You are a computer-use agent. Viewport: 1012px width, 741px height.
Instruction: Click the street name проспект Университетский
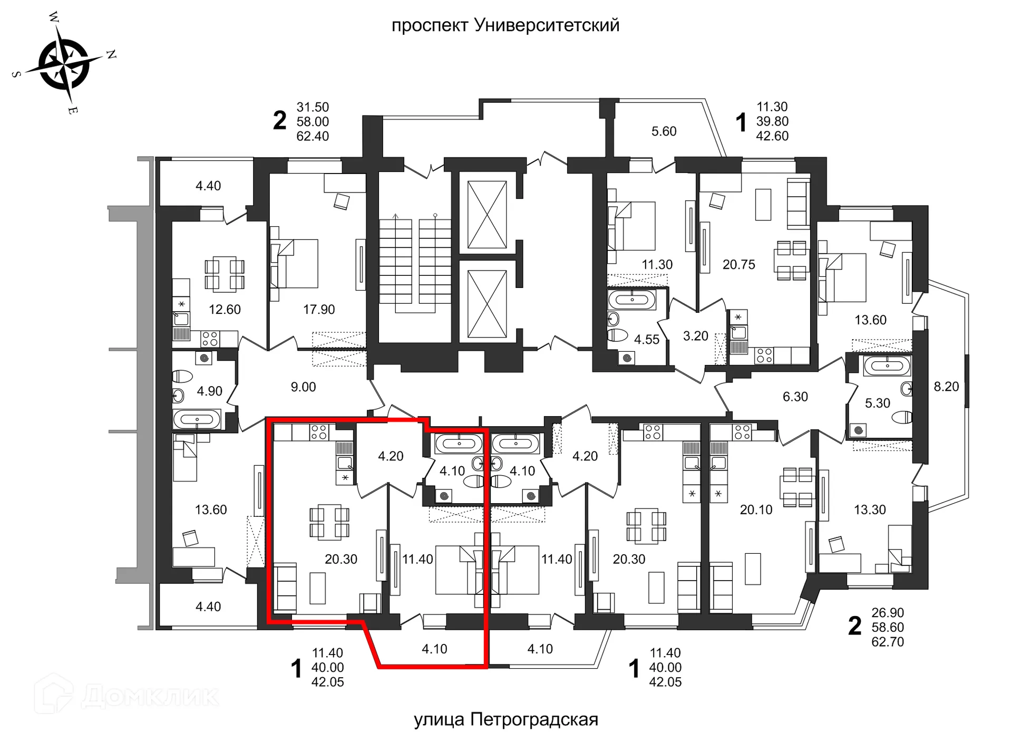(505, 25)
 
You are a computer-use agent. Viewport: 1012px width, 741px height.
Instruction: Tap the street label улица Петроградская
(505, 719)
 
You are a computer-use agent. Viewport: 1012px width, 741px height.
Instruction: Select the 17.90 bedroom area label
(319, 310)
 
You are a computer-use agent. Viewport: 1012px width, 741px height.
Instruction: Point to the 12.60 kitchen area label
(225, 310)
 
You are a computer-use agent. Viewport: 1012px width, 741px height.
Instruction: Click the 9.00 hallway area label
(303, 387)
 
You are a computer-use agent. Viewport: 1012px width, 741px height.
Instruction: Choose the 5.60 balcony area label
(664, 131)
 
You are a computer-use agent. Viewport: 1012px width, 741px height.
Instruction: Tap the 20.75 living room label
(738, 265)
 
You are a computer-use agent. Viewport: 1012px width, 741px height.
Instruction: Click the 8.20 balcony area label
(946, 387)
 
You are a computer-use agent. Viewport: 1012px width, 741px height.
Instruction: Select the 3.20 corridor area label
(695, 336)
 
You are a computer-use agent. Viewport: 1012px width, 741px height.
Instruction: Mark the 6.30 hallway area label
(795, 397)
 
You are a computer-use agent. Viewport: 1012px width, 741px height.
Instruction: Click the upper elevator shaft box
(487, 215)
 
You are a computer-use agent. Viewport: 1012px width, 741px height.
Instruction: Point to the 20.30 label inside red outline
(341, 559)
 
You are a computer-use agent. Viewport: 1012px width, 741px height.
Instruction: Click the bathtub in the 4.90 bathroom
(197, 420)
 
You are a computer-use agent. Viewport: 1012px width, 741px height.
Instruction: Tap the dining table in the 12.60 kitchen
(225, 274)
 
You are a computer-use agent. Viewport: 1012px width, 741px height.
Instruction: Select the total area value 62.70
(888, 642)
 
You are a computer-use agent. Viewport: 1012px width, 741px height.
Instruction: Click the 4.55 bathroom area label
(646, 340)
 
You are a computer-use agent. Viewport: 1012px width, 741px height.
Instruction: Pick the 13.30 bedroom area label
(870, 510)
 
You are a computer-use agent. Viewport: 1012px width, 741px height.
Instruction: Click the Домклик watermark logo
(126, 696)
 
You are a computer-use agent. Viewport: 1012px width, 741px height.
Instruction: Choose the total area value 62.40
(313, 136)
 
